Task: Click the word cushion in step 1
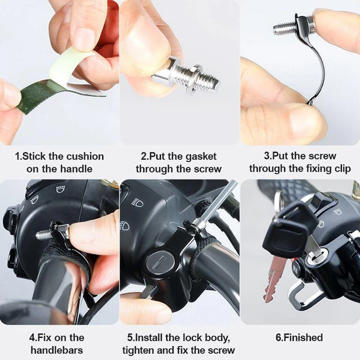85,157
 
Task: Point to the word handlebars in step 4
57,350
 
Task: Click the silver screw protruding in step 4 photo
44,234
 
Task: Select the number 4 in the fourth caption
32,337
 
